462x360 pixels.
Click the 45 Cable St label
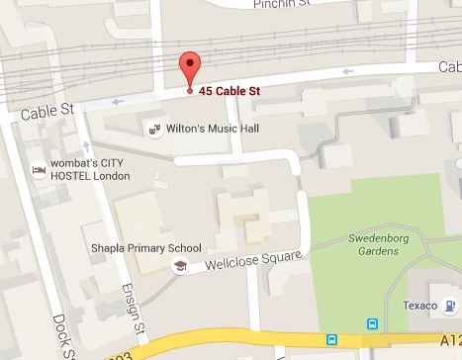(231, 91)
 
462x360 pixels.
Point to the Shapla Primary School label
(145, 248)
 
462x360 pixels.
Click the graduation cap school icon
(180, 266)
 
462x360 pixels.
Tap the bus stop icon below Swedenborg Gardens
(372, 323)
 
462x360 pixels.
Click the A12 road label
(449, 337)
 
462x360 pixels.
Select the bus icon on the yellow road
(333, 340)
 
